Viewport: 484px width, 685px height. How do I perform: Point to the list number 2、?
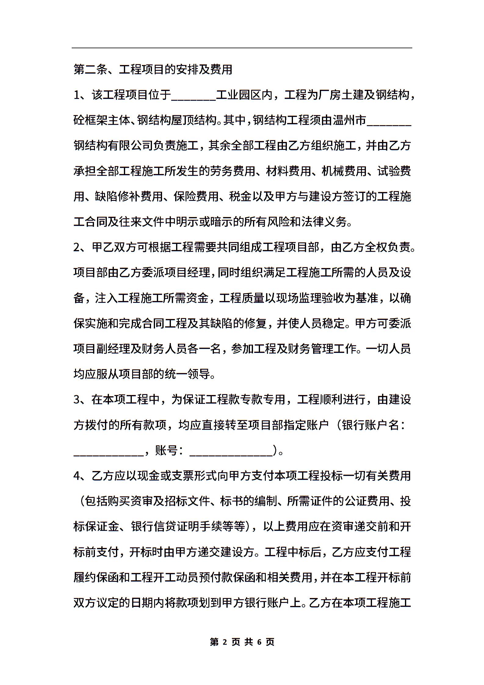point(80,247)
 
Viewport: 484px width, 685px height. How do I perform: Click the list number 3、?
point(80,400)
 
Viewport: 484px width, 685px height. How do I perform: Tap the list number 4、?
point(80,476)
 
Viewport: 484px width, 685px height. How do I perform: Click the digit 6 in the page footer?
point(260,642)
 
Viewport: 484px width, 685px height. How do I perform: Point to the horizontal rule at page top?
point(242,48)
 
